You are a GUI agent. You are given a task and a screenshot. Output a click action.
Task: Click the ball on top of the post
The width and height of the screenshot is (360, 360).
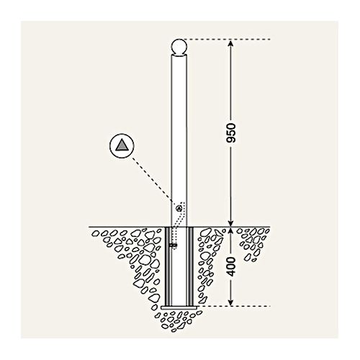click(x=179, y=47)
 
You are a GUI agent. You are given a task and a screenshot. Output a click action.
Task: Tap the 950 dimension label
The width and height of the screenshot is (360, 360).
click(x=231, y=132)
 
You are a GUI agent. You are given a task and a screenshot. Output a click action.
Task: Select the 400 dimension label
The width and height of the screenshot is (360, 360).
click(x=231, y=266)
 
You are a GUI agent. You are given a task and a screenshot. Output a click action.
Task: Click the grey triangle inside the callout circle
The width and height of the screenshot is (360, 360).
click(x=122, y=145)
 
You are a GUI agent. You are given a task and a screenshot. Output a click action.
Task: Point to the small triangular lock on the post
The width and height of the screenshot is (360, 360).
click(x=179, y=208)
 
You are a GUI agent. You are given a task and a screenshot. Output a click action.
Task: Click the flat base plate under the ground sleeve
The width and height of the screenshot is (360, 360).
click(x=179, y=307)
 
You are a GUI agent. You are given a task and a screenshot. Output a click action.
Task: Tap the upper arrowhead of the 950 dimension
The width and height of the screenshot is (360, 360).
click(x=230, y=42)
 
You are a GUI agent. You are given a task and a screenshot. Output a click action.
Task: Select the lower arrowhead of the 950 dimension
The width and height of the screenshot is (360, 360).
click(x=230, y=223)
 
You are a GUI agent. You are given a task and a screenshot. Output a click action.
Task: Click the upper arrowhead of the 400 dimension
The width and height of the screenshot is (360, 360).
click(x=230, y=230)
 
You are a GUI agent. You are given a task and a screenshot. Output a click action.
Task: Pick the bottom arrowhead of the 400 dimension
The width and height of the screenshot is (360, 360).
click(x=230, y=303)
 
